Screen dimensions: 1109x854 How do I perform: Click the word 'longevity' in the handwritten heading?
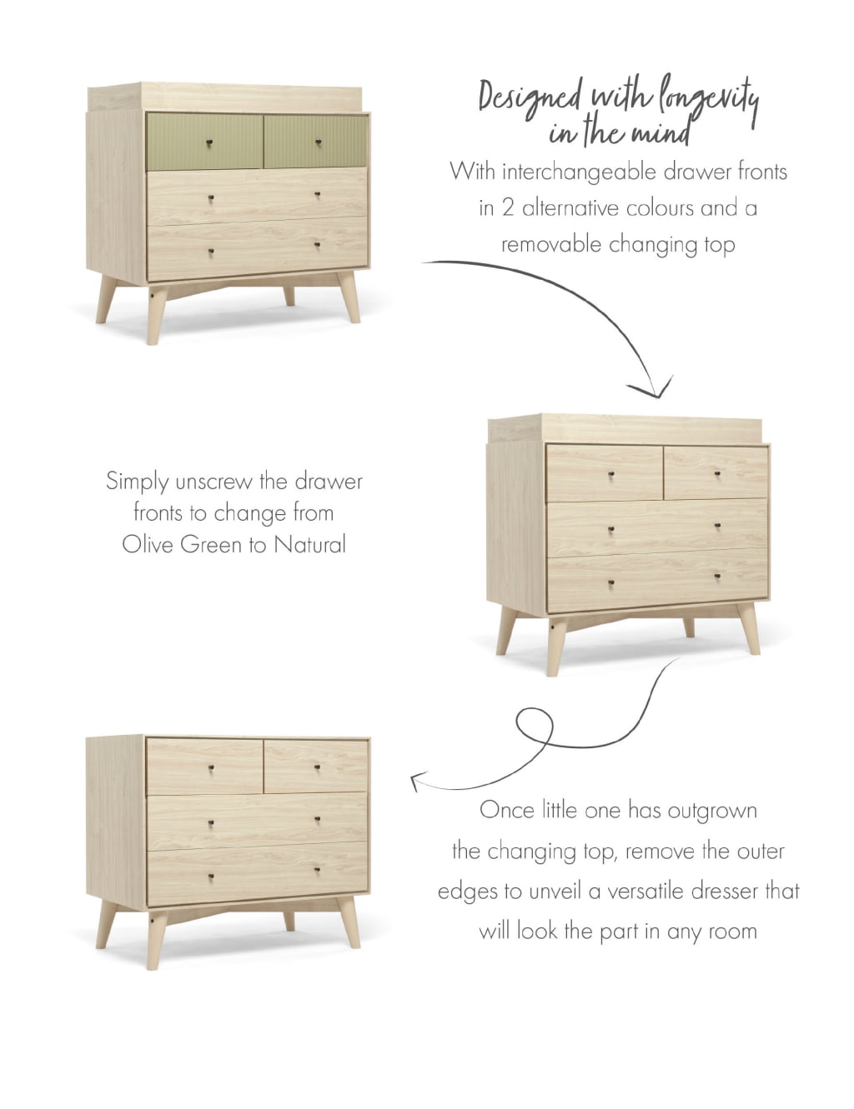(x=709, y=100)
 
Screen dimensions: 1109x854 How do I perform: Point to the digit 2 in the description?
(x=507, y=207)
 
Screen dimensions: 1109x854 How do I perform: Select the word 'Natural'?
(x=309, y=544)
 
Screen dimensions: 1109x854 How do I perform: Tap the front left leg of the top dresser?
(x=156, y=317)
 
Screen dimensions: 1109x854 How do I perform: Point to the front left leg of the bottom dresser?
(x=155, y=942)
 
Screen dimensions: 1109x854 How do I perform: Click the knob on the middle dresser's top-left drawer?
(x=611, y=475)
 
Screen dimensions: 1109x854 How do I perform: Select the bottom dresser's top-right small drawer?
(x=315, y=766)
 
